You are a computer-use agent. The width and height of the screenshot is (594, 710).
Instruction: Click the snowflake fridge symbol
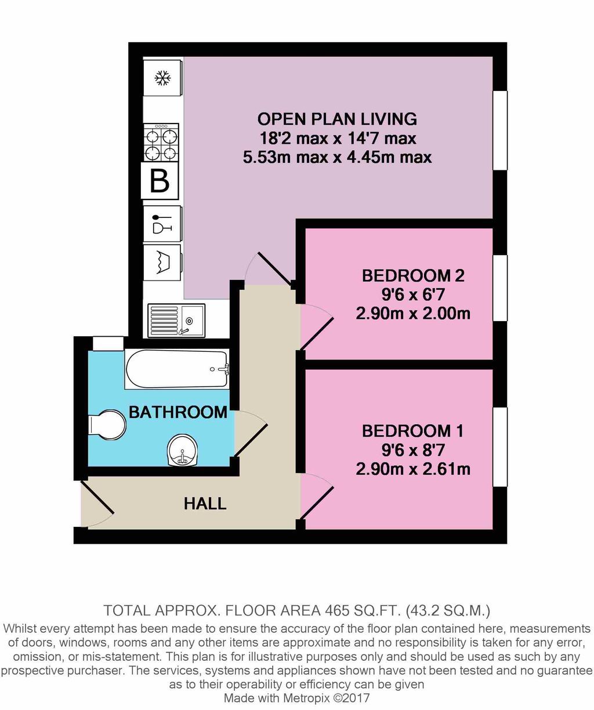coord(162,78)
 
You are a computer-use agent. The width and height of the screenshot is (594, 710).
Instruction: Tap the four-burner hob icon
coord(161,144)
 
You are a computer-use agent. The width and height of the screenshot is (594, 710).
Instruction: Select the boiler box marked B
coord(160,181)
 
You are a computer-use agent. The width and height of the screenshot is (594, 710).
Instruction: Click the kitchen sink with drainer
coord(176,320)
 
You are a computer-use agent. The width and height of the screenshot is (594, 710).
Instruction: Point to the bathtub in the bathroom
coord(177,369)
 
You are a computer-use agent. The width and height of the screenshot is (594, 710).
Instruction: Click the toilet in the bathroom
coord(108,426)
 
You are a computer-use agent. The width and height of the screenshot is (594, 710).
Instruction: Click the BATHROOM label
coord(178,412)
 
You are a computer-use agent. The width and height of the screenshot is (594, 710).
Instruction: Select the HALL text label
coord(205,503)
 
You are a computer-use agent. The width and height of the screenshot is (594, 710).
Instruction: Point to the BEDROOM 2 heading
coord(412,275)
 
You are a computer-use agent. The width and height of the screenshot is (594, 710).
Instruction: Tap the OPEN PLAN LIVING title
coord(337,119)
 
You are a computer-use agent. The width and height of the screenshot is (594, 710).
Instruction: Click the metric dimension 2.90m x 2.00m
coord(412,314)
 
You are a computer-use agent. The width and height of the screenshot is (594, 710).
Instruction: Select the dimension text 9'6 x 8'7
coord(412,450)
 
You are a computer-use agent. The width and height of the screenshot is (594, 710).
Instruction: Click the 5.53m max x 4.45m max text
coord(337,157)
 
